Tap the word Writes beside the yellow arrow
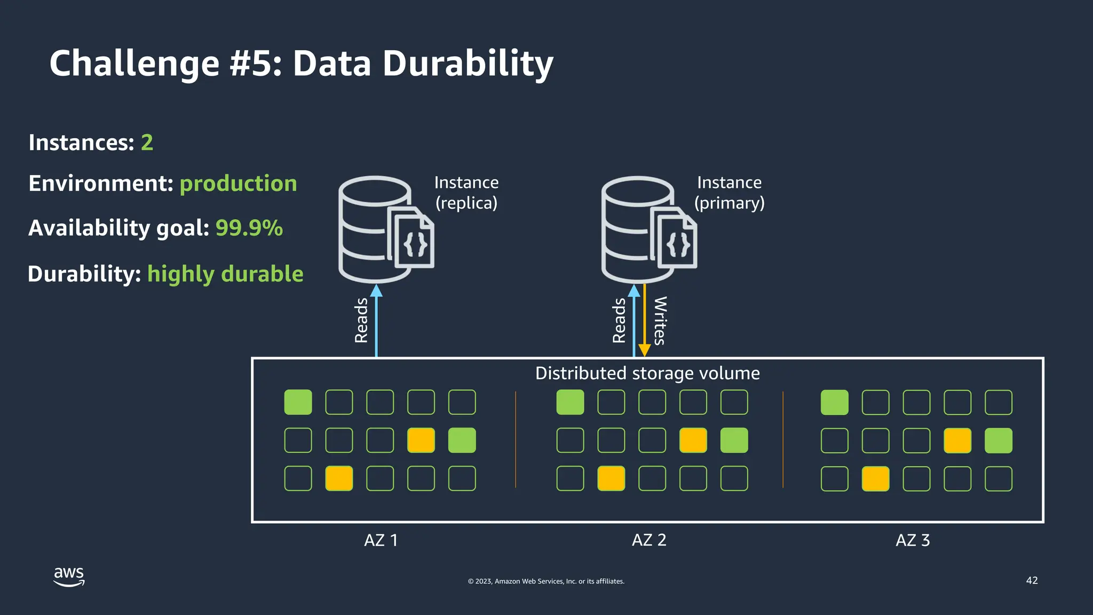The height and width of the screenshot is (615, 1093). coord(660,320)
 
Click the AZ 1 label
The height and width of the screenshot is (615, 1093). coord(381,540)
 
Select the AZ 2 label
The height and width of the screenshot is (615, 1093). coord(649,540)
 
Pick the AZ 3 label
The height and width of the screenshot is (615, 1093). coord(913,540)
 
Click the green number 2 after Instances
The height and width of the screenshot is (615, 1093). coord(147,143)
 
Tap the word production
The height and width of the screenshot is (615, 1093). coord(238,184)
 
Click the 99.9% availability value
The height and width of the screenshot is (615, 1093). coord(249,228)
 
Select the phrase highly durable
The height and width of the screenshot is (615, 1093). coord(225,274)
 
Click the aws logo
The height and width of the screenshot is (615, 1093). coord(69,577)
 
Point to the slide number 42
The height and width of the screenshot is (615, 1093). coord(1032,580)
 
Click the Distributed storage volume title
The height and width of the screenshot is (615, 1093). coord(647,373)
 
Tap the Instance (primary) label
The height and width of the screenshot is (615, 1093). coord(729,193)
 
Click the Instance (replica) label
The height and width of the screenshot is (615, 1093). coord(466,193)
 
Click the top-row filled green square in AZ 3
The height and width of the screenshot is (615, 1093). coord(834,403)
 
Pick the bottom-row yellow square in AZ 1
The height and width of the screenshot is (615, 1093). coord(339,478)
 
